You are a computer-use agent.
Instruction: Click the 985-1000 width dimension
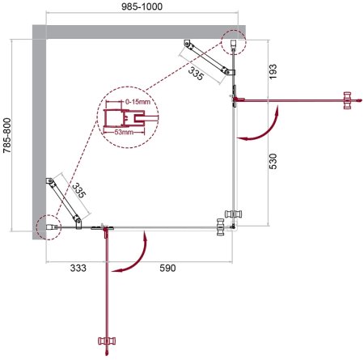(x=142, y=6)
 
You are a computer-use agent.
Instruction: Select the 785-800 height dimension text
(x=7, y=135)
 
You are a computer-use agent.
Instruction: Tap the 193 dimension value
(x=273, y=71)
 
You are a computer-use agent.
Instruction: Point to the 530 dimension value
(x=273, y=161)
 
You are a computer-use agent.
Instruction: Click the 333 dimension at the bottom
(x=78, y=268)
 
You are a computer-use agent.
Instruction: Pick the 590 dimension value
(x=167, y=268)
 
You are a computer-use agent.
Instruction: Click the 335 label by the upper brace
(x=196, y=74)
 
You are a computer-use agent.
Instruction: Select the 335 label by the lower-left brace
(x=79, y=190)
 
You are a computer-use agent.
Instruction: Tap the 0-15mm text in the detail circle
(x=138, y=102)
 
